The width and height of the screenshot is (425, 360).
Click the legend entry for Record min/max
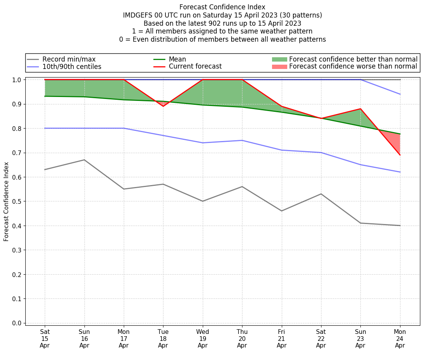(x=68, y=59)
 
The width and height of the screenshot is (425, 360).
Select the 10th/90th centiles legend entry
(x=72, y=67)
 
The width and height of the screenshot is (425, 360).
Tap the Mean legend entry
(x=177, y=59)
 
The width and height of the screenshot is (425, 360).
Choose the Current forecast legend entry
(x=195, y=67)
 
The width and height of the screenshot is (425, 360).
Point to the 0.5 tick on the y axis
(x=17, y=201)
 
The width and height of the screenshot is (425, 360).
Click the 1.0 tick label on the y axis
(x=17, y=80)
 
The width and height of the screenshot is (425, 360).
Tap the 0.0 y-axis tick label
(x=17, y=323)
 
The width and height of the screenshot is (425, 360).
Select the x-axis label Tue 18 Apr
(x=163, y=339)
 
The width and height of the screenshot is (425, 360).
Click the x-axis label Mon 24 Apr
(x=400, y=339)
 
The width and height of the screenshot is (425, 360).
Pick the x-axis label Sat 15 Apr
(x=45, y=339)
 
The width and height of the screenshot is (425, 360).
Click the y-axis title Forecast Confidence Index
(x=7, y=201)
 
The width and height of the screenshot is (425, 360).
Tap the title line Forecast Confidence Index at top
(x=222, y=7)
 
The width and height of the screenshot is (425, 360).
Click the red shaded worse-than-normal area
(x=393, y=140)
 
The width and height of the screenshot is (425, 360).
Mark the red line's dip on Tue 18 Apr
(x=163, y=106)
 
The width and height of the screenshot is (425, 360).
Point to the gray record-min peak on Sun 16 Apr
(x=84, y=160)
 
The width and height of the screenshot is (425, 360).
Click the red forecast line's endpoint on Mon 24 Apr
(x=400, y=155)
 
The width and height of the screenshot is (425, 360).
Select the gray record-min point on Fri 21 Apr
(x=281, y=211)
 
